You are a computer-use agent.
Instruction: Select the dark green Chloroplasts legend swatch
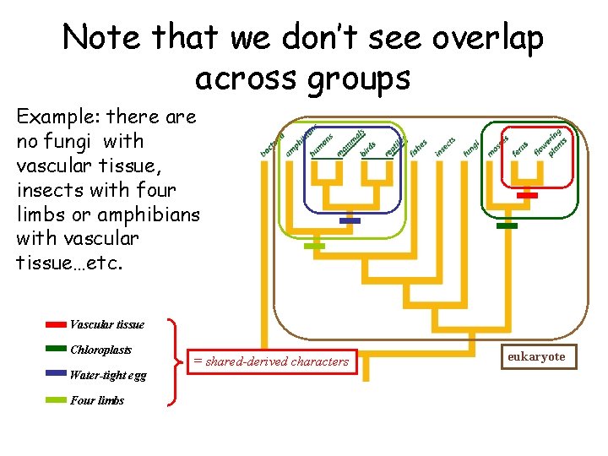point(56,349)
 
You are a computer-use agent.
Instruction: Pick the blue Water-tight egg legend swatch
point(56,372)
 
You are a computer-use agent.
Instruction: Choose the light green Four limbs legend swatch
point(56,399)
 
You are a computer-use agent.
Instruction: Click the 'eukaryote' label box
point(536,357)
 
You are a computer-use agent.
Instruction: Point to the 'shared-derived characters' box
point(271,361)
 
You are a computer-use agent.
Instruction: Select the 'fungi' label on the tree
point(470,148)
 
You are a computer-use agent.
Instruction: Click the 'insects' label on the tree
point(445,146)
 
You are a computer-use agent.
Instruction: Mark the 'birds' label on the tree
point(369,148)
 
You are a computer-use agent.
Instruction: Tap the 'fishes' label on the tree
point(419,147)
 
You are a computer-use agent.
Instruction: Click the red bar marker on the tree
point(527,195)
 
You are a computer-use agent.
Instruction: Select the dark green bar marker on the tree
point(507,225)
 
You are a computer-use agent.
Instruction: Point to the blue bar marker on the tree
point(349,221)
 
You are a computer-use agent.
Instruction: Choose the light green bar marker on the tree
point(314,246)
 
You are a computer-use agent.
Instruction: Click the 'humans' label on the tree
point(322,144)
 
